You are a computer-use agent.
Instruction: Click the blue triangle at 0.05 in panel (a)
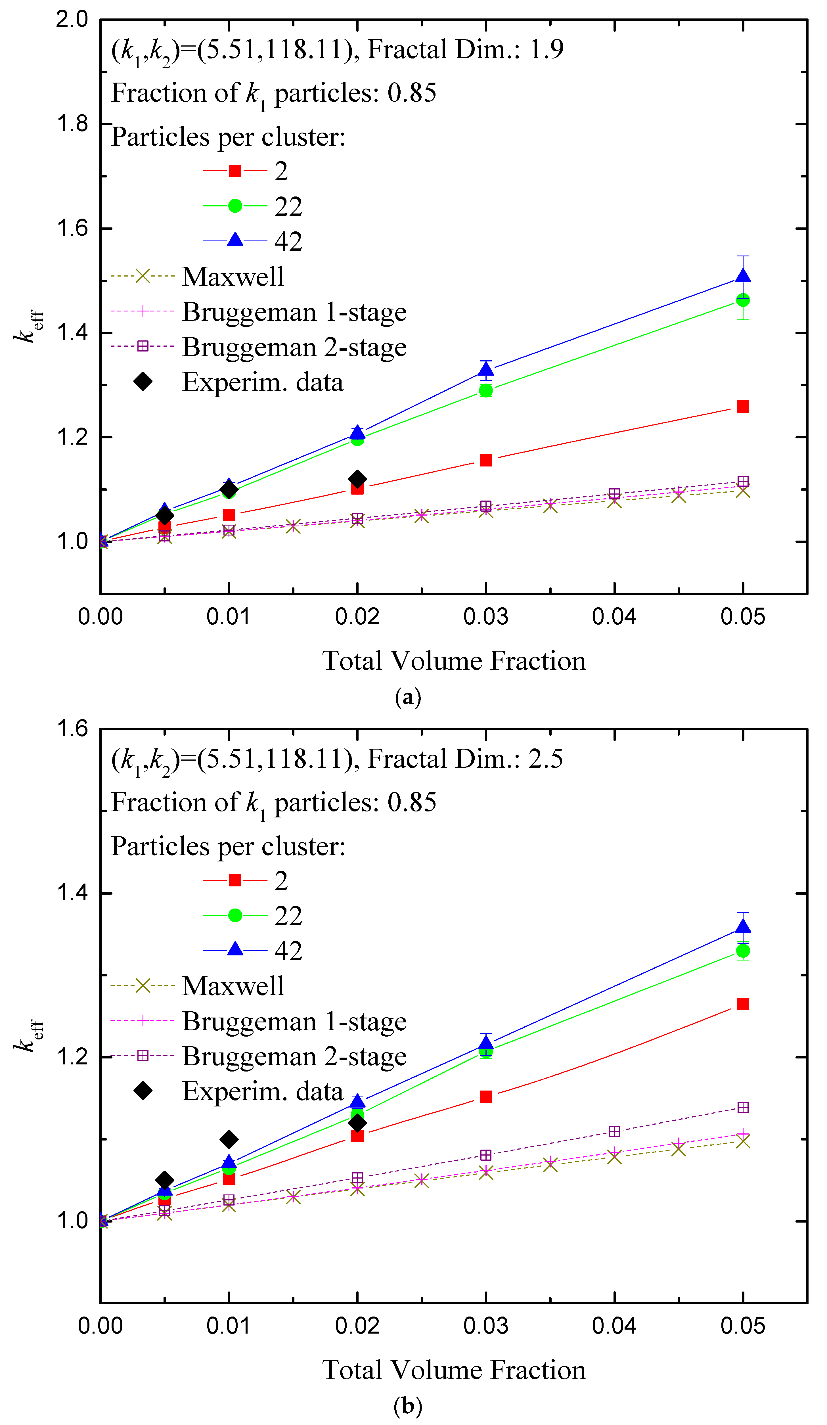click(743, 276)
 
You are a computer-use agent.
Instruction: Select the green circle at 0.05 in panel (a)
click(743, 300)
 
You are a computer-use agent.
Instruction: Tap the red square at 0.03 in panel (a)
click(485, 460)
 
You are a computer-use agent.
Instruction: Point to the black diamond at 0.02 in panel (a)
click(357, 479)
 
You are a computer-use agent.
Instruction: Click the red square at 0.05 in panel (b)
click(743, 1004)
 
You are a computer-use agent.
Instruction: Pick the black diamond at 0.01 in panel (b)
click(228, 1139)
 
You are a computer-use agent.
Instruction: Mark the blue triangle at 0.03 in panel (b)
click(485, 1044)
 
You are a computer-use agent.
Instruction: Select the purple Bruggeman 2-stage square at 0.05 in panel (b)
click(743, 1107)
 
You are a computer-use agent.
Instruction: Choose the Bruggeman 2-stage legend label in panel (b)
click(294, 1056)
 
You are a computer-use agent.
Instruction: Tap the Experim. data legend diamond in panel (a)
click(143, 382)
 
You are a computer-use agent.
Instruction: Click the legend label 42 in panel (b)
click(288, 951)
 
